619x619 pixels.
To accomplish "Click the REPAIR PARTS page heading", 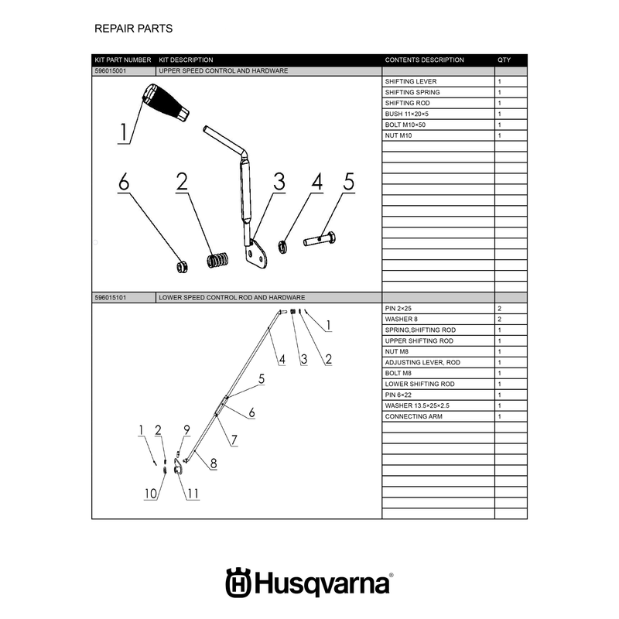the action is pyautogui.click(x=133, y=29).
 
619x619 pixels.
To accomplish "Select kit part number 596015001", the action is pyautogui.click(x=111, y=71).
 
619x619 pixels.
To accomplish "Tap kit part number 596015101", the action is pyautogui.click(x=111, y=298).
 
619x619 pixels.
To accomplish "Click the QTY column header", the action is pyautogui.click(x=504, y=60).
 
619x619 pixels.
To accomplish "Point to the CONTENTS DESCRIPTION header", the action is pyautogui.click(x=424, y=60).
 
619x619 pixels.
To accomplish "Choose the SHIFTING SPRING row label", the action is pyautogui.click(x=412, y=92).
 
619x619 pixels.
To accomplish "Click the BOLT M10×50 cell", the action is pyautogui.click(x=405, y=125).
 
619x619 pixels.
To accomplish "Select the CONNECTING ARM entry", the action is pyautogui.click(x=414, y=416).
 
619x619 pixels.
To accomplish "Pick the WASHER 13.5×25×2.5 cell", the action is pyautogui.click(x=417, y=405).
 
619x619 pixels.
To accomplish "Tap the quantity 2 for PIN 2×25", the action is pyautogui.click(x=499, y=309).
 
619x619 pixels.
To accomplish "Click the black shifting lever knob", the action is pyautogui.click(x=166, y=103).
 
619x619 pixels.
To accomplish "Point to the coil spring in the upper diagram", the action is pyautogui.click(x=218, y=260).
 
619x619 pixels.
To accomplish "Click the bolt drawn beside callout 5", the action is pyautogui.click(x=320, y=239).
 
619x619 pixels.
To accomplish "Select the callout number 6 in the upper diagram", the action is pyautogui.click(x=124, y=183).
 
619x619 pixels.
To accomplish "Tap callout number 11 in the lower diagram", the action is pyautogui.click(x=193, y=494).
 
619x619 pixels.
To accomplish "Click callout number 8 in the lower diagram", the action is pyautogui.click(x=214, y=463).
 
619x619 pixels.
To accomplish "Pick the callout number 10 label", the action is pyautogui.click(x=151, y=494).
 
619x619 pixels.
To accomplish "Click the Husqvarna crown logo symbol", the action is pyautogui.click(x=238, y=583).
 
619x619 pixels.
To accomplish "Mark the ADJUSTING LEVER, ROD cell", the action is pyautogui.click(x=422, y=362).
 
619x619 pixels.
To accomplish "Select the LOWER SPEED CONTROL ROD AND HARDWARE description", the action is pyautogui.click(x=231, y=298).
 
